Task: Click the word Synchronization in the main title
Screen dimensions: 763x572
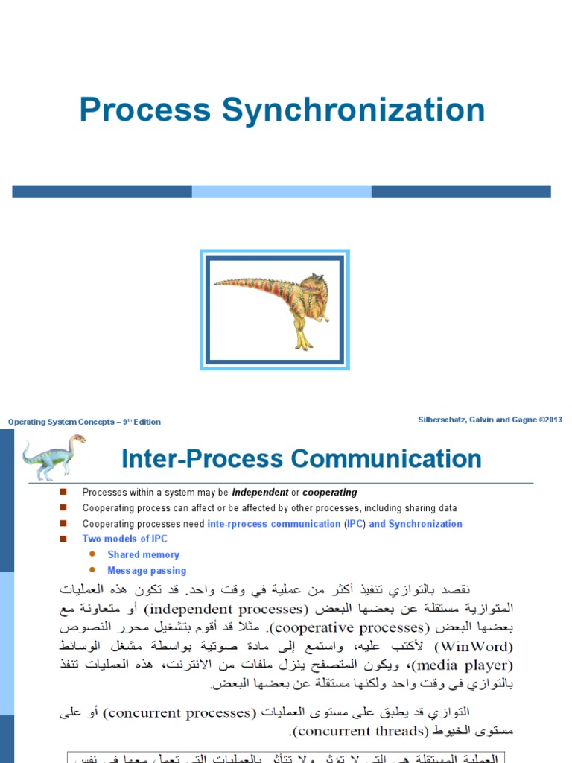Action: coord(354,111)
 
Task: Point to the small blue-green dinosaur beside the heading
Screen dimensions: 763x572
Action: coord(52,455)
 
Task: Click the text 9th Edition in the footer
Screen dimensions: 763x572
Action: coord(142,422)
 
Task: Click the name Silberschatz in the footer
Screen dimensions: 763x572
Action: coord(444,420)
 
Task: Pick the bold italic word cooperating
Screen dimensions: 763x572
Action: coord(329,493)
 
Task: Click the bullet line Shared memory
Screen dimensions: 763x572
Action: coord(143,554)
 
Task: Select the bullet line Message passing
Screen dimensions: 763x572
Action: coord(147,571)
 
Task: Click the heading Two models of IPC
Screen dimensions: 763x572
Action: coord(124,539)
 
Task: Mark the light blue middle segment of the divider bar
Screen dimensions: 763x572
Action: coord(282,191)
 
